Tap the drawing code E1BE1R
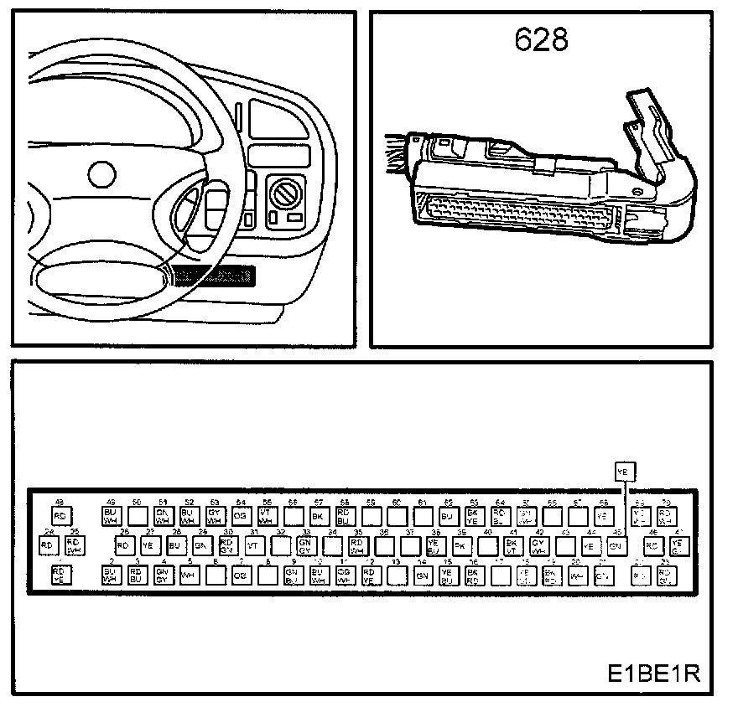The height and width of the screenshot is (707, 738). click(654, 674)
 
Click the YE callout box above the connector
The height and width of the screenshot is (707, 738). click(625, 471)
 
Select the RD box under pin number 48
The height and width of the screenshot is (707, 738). click(60, 516)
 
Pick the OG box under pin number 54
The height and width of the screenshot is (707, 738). click(241, 516)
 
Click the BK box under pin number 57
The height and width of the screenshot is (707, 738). click(318, 516)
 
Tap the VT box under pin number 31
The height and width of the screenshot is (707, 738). click(252, 545)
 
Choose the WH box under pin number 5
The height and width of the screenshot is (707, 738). click(190, 575)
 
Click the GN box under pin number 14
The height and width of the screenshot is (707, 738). click(423, 575)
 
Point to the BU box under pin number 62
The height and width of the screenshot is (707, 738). click(448, 516)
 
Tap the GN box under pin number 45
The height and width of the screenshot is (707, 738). click(616, 545)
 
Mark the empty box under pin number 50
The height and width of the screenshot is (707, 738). click(137, 516)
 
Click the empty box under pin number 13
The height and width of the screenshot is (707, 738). click(397, 575)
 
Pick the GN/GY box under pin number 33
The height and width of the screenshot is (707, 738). click(306, 545)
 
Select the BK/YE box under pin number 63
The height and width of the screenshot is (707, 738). click(474, 516)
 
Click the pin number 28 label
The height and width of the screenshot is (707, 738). click(177, 532)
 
